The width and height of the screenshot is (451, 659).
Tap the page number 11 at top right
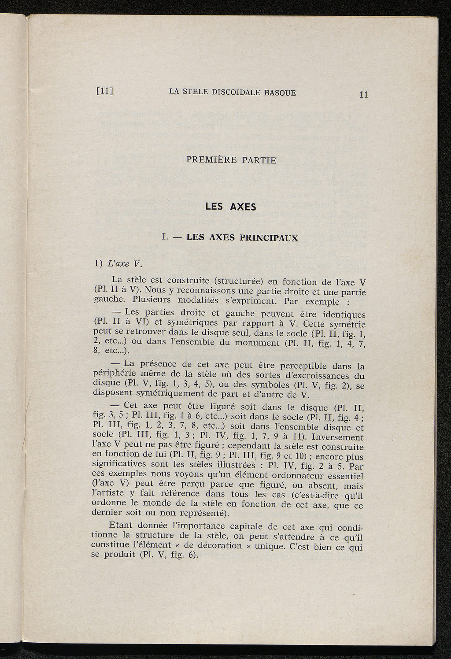point(363,94)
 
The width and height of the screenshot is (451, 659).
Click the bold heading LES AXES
point(231,206)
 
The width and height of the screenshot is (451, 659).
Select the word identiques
point(343,315)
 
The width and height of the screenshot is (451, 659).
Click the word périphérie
point(114,374)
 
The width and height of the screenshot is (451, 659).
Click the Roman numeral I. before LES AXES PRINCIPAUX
point(165,238)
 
